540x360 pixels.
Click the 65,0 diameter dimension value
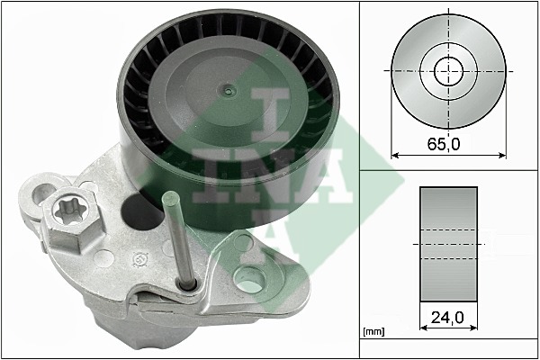click(x=444, y=144)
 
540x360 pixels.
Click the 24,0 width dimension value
click(x=447, y=317)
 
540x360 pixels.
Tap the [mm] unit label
click(x=373, y=332)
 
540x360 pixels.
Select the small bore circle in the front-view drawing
click(x=448, y=72)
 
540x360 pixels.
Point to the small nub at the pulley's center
click(x=227, y=91)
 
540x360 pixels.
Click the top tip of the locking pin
click(x=171, y=195)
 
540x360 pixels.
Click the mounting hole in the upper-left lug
click(x=41, y=193)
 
